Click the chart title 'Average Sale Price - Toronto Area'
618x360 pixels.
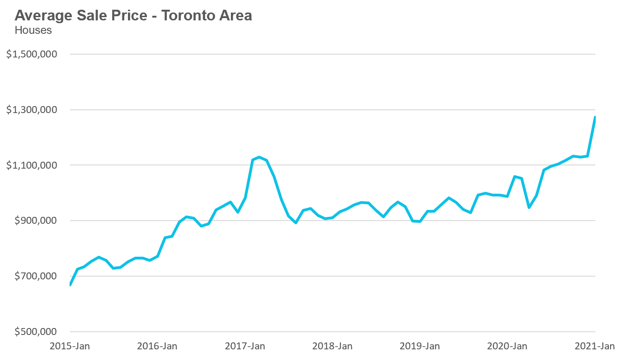click(134, 15)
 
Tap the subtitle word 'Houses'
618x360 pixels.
click(33, 31)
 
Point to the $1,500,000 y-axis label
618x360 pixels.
click(32, 54)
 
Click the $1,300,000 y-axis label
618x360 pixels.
click(32, 110)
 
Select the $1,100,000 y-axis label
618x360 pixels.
click(32, 165)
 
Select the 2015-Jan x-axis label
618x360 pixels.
click(70, 346)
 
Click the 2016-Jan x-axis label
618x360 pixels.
click(158, 346)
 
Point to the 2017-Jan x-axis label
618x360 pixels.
click(245, 346)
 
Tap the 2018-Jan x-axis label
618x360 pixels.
click(333, 346)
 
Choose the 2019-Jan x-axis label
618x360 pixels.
click(420, 346)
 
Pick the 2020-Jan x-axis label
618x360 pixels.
click(508, 346)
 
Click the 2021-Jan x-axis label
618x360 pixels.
click(595, 346)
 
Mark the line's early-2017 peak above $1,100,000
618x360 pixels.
click(259, 157)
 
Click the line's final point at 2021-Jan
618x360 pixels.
click(595, 118)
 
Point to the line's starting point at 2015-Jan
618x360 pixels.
click(70, 284)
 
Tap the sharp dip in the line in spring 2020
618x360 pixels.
click(529, 207)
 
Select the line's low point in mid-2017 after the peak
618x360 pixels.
click(296, 223)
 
